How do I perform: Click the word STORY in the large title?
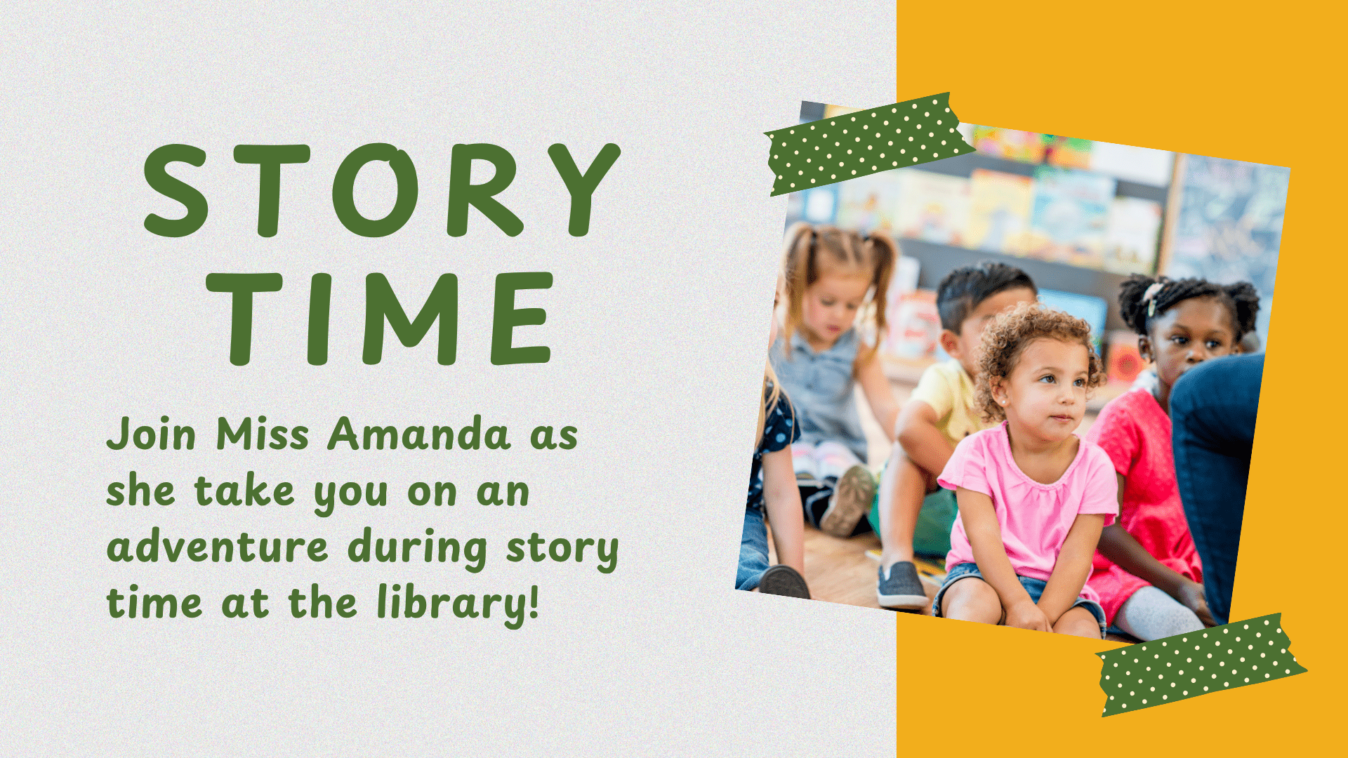coord(381,189)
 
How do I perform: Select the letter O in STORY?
coord(375,189)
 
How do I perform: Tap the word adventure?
coord(217,547)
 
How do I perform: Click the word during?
coord(417,549)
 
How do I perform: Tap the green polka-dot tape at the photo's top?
coord(868,144)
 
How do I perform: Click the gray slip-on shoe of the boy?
coord(900,584)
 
